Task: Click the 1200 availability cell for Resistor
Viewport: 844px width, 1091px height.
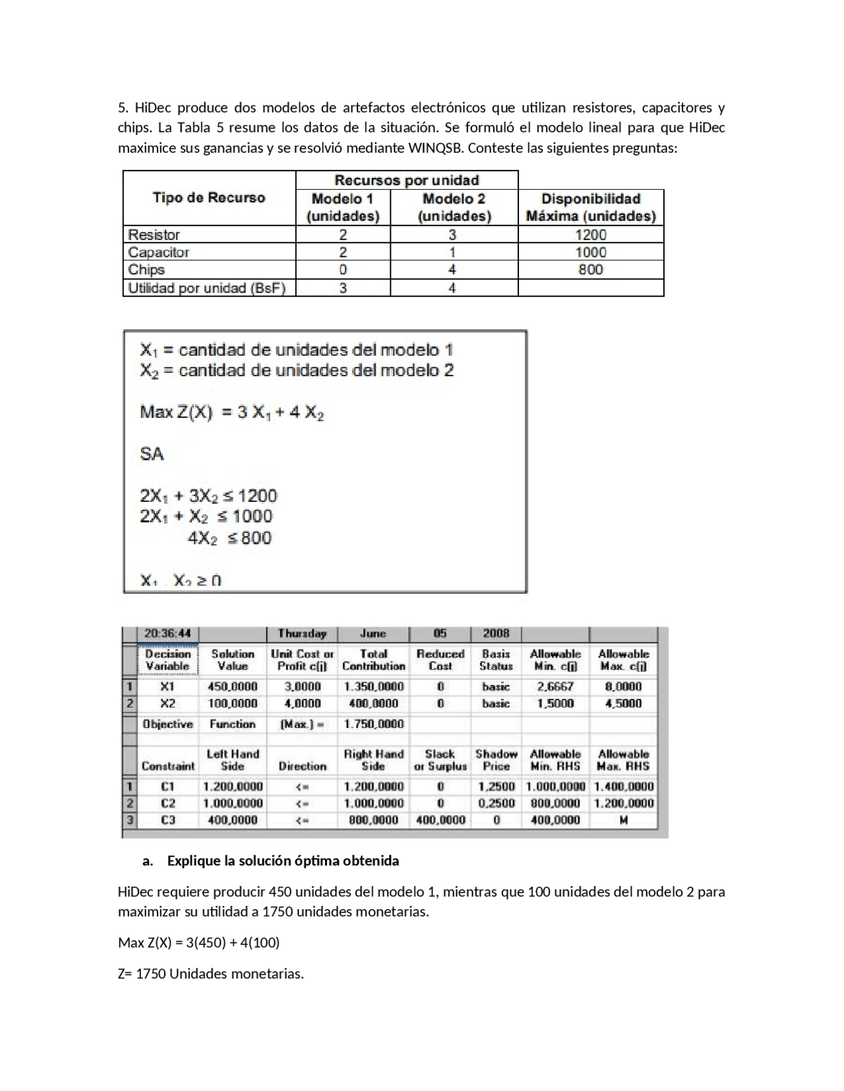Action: [x=590, y=235]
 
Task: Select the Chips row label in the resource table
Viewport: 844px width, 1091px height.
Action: [x=146, y=269]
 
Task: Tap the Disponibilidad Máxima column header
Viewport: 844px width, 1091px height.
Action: [x=590, y=207]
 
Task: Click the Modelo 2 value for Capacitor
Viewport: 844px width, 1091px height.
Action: [x=452, y=252]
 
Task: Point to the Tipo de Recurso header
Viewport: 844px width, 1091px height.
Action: [x=209, y=198]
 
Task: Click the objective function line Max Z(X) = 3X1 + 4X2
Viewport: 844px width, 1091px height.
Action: [x=231, y=413]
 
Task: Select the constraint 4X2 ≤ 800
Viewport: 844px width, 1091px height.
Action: [x=229, y=538]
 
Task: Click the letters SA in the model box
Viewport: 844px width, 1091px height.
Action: [x=152, y=454]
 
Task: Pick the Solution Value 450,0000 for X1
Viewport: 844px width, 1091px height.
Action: [x=232, y=686]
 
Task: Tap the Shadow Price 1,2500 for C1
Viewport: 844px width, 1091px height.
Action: [x=496, y=786]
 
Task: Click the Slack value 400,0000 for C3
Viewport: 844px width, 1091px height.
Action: [x=440, y=820]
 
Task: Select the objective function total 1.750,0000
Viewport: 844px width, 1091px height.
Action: [x=373, y=724]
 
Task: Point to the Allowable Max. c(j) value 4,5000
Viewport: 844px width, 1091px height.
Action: [x=623, y=703]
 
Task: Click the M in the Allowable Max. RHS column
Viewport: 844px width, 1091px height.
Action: [x=623, y=820]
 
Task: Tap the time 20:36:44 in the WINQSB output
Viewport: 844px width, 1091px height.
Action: [x=167, y=634]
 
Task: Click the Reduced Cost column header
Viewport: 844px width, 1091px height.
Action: [x=440, y=659]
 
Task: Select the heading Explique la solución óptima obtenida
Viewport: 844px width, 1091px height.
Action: [x=282, y=861]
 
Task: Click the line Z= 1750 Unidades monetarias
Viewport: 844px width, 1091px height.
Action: [x=211, y=974]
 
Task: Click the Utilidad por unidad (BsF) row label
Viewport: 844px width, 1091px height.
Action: [x=206, y=288]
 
